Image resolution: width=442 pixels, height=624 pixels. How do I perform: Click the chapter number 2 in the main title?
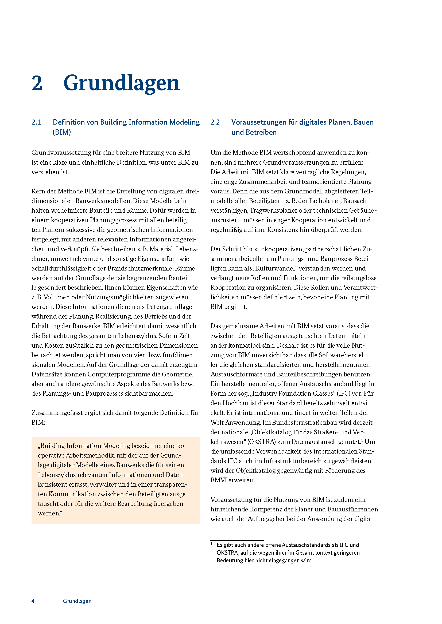click(x=37, y=83)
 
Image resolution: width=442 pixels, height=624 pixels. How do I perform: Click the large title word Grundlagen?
click(x=121, y=83)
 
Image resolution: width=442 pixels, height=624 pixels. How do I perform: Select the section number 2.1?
click(x=36, y=122)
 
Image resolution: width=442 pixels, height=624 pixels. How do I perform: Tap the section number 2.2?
click(x=215, y=122)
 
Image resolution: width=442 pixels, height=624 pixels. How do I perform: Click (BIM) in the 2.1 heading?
click(x=62, y=132)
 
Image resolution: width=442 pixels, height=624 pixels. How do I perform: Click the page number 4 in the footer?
click(x=33, y=601)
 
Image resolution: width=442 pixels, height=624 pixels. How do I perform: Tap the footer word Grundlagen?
click(x=77, y=601)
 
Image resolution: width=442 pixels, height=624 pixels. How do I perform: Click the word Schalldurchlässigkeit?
click(x=61, y=269)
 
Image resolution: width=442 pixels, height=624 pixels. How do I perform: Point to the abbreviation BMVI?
click(x=219, y=480)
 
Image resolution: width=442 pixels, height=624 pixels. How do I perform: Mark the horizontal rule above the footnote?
click(x=237, y=540)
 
